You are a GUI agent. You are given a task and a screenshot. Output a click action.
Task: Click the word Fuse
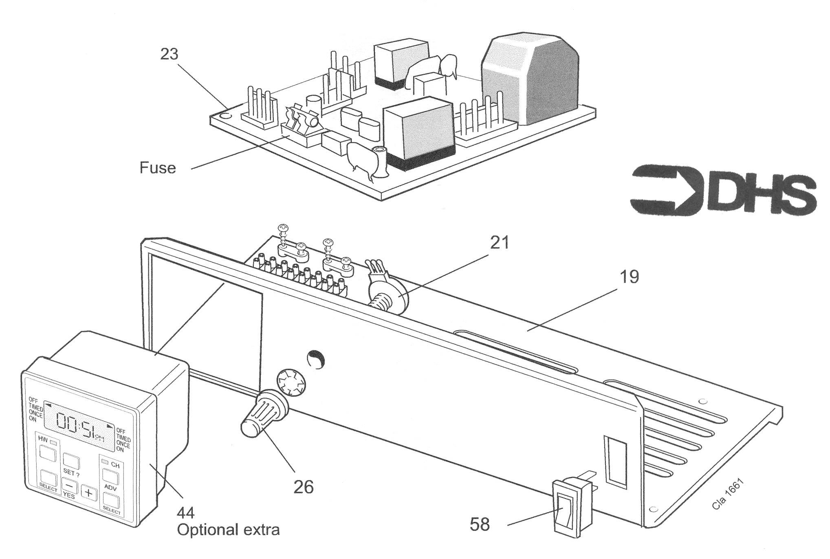tap(158, 168)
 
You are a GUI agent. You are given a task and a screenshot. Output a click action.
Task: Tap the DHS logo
tap(723, 190)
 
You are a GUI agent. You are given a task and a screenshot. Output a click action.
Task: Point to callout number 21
tap(499, 243)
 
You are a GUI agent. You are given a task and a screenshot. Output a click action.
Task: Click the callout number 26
tap(304, 487)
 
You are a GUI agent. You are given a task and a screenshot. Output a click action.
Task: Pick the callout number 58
tap(480, 524)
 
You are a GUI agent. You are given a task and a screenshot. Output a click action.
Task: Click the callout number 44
tap(185, 513)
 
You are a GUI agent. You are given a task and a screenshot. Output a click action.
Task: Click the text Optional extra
tap(228, 530)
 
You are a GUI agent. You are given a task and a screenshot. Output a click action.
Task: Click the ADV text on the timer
tap(110, 487)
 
